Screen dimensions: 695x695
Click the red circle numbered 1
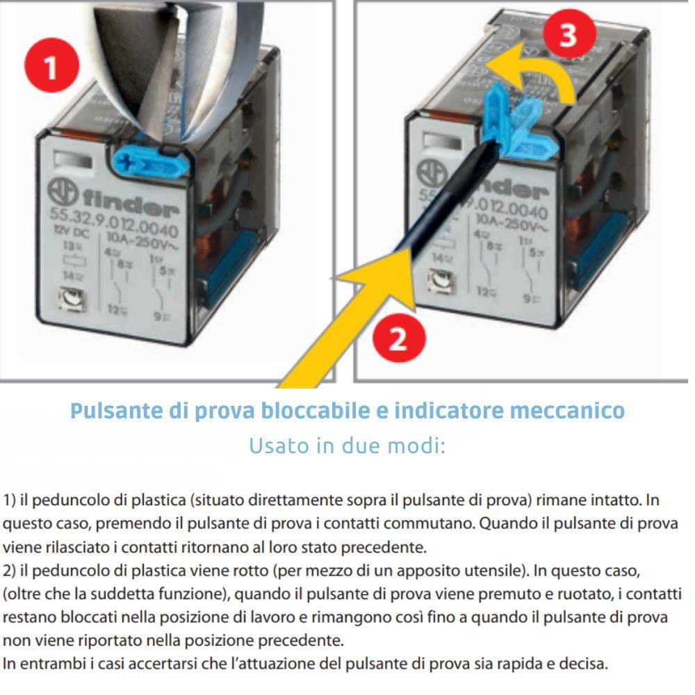tap(51, 67)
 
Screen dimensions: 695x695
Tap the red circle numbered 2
tap(397, 341)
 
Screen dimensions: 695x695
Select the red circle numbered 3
tap(568, 34)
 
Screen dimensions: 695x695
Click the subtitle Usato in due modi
tap(347, 445)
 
